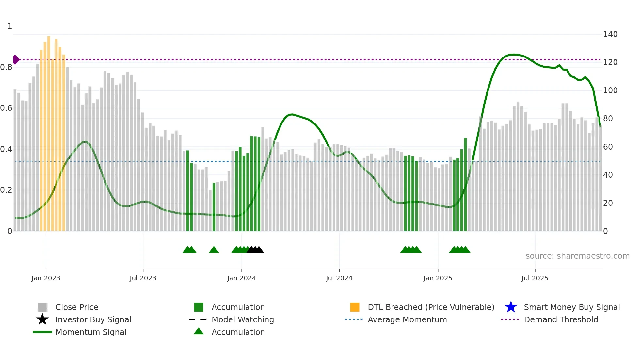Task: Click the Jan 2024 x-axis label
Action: tap(241, 278)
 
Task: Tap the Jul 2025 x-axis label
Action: tap(535, 278)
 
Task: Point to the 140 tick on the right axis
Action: tap(610, 34)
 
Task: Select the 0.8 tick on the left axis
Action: tap(6, 67)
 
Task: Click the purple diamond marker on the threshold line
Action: tap(16, 60)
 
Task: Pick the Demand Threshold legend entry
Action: tap(561, 320)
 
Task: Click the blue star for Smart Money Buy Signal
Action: tap(511, 307)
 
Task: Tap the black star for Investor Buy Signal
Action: tap(42, 319)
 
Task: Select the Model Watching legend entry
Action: tap(242, 320)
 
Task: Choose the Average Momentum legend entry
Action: tap(407, 320)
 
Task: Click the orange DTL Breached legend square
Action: tap(355, 307)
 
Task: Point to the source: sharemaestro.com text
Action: tap(577, 256)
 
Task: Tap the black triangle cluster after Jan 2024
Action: tap(255, 250)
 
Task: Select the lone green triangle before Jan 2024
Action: tap(214, 250)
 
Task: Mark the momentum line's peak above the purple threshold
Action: tap(513, 55)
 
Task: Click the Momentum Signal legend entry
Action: tap(91, 332)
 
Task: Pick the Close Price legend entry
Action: tap(76, 307)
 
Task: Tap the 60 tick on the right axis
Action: tap(608, 147)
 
